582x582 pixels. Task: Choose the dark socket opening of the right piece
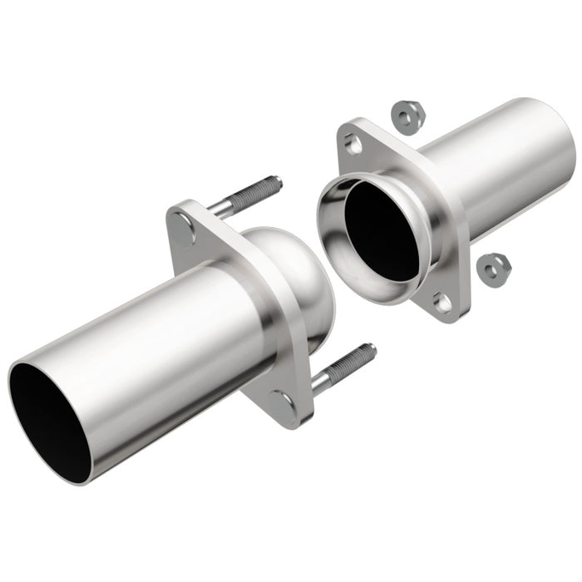point(382,229)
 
